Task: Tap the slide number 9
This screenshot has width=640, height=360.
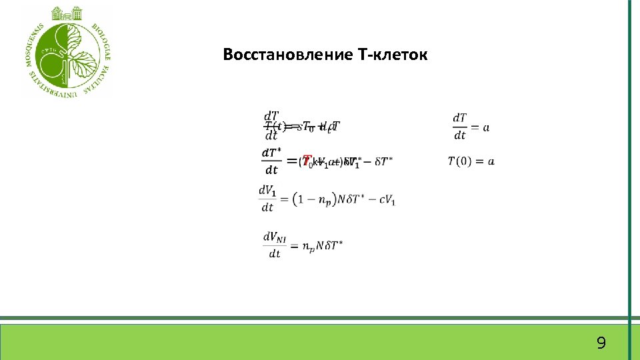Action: pos(601,343)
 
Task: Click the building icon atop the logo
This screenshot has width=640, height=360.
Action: pos(66,13)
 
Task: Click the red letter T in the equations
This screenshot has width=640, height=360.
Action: pos(306,161)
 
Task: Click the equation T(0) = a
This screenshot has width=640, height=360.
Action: pos(471,161)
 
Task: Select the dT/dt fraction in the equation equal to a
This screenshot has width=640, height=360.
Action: pos(459,126)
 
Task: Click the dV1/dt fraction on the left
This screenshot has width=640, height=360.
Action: pos(267,199)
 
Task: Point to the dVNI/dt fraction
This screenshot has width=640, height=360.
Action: pos(274,245)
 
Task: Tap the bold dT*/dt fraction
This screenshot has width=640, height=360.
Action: pos(270,161)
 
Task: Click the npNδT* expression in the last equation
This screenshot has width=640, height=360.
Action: pos(322,246)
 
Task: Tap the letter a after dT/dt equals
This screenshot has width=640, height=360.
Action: pos(485,127)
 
